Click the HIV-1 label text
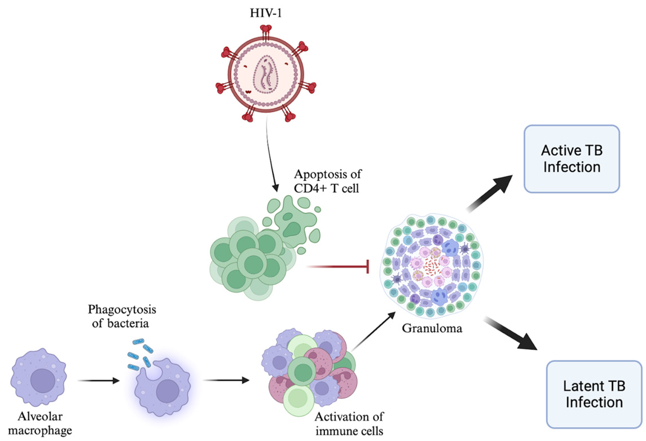[x=266, y=13]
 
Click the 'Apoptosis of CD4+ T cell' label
[x=327, y=181]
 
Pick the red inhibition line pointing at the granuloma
[x=338, y=267]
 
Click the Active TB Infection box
[x=572, y=159]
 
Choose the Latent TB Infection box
[x=594, y=394]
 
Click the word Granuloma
[x=432, y=328]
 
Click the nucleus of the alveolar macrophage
[x=43, y=381]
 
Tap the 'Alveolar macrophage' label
[x=40, y=423]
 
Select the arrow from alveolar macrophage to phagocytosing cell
[x=98, y=380]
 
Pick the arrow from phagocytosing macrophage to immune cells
[x=226, y=380]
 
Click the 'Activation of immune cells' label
[x=349, y=424]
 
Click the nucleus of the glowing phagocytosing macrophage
[x=168, y=391]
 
